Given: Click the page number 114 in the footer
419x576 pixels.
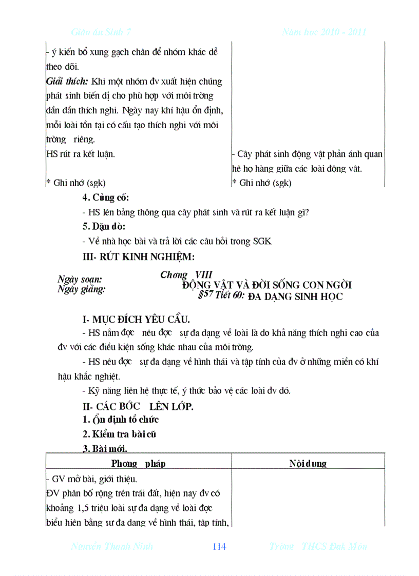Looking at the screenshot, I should coord(219,547).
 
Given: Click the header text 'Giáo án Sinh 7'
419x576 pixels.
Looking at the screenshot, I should coord(101,32).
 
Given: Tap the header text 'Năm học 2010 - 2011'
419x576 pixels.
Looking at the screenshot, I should coord(324,32).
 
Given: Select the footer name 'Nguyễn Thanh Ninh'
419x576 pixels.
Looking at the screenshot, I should coord(112,547).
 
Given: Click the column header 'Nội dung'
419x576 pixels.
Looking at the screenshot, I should coord(308,464).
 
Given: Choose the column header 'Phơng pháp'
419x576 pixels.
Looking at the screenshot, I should coord(139,464).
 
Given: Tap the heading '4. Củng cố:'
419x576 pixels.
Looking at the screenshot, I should coord(106,197).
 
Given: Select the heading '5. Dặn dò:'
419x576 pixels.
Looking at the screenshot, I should coord(104,226).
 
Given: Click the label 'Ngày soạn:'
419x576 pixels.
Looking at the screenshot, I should coord(80,280).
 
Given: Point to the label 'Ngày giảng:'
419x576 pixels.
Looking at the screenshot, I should coord(81,289).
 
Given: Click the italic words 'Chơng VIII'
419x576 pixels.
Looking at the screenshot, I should coord(186,275).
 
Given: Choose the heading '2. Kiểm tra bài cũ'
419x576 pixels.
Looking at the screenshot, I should coord(119,434).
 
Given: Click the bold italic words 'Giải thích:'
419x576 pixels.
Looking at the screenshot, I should coord(67,82).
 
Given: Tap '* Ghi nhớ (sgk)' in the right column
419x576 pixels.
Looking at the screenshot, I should coord(262,183).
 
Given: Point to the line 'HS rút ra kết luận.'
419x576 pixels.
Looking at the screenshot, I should coord(81,154).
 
